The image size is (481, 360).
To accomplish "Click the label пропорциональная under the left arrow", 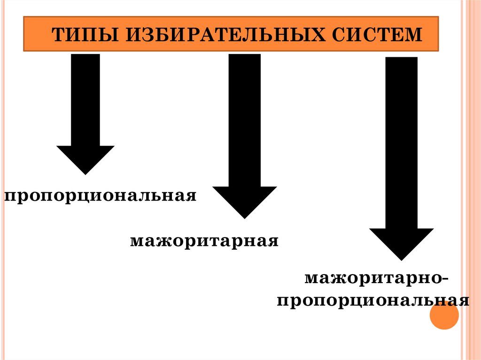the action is point(100,195).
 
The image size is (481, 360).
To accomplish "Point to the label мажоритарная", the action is point(204,242).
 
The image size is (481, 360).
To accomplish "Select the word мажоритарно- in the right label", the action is point(376,279).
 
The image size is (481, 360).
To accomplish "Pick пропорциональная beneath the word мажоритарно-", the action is point(372,301).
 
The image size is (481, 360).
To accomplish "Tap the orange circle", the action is point(444,315).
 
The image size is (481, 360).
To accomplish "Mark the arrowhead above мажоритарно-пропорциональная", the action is point(401,242).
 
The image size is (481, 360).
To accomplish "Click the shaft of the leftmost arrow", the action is point(85,99).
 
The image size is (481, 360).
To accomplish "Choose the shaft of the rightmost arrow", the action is point(401,141).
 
